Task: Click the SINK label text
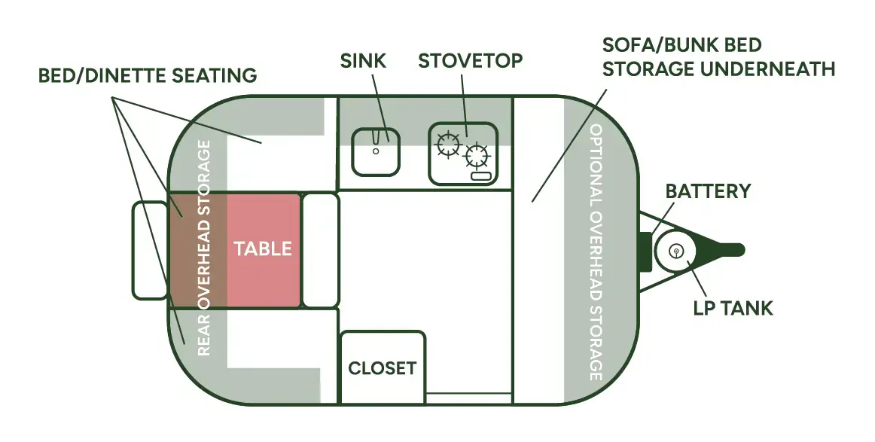363,61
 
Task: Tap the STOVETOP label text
470,61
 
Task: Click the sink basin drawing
376,152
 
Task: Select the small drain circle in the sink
376,151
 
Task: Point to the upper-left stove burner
449,145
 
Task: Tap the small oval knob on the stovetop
482,177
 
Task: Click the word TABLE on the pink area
263,248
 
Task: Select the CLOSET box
383,367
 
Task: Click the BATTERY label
708,191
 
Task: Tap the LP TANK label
733,307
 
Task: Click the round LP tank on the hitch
675,251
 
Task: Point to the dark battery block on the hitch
645,251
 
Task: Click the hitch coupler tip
740,250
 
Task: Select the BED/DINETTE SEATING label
148,75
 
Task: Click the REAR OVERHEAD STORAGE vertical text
204,248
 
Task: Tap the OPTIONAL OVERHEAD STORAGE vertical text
596,251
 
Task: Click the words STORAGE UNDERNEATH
718,69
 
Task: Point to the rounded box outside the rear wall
150,250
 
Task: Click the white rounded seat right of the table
320,250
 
